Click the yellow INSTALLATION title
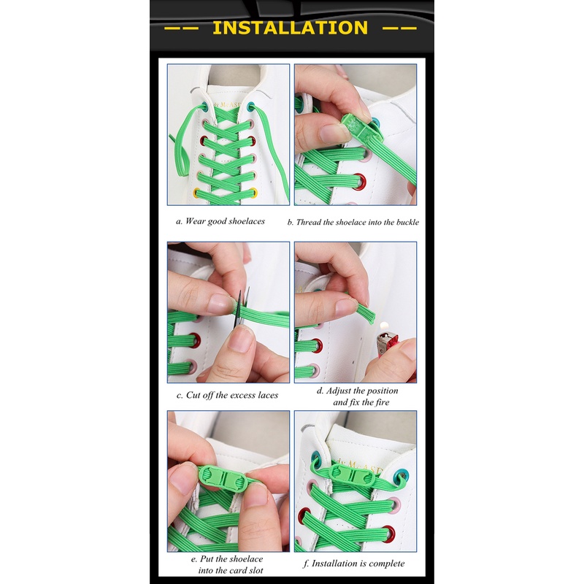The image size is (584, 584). tap(290, 28)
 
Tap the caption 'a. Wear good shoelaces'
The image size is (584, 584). tap(220, 221)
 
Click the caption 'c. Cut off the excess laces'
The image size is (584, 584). tap(227, 395)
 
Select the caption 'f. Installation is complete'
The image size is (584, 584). tap(353, 563)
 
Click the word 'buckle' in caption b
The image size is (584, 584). tap(407, 222)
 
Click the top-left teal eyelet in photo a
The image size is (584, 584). tap(204, 106)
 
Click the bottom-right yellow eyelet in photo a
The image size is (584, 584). tap(253, 193)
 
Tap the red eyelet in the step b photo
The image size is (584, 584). tap(359, 182)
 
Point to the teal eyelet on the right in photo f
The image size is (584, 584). tap(401, 476)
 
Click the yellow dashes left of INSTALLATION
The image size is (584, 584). tap(180, 28)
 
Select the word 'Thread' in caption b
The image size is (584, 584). tap(309, 222)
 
